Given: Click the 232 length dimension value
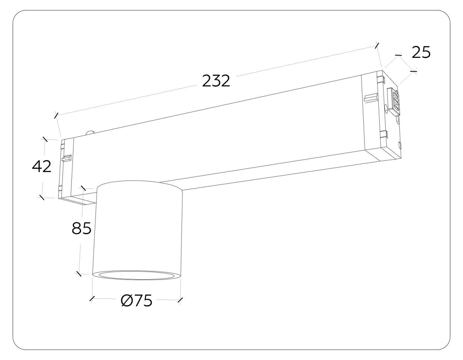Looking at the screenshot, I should [x=216, y=81].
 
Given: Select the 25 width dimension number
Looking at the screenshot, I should [x=421, y=53].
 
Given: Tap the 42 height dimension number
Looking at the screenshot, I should [x=42, y=166].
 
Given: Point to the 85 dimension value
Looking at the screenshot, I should [x=81, y=228].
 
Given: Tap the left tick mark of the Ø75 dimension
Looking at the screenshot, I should [x=92, y=298].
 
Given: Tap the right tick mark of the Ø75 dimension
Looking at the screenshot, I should [x=180, y=300].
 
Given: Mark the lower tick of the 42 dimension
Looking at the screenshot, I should [x=42, y=197].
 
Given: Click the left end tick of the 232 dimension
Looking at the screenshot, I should [x=56, y=115].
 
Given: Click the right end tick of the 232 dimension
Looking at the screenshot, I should [x=377, y=45].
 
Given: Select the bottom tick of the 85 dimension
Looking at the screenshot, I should [x=79, y=273].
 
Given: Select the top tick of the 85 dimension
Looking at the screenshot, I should [x=83, y=188].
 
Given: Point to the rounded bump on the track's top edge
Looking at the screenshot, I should [x=90, y=133].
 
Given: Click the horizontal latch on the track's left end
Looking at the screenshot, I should [x=66, y=158].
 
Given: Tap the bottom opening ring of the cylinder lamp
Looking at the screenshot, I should [x=136, y=275].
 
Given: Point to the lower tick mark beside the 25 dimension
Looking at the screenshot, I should [x=413, y=71].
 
